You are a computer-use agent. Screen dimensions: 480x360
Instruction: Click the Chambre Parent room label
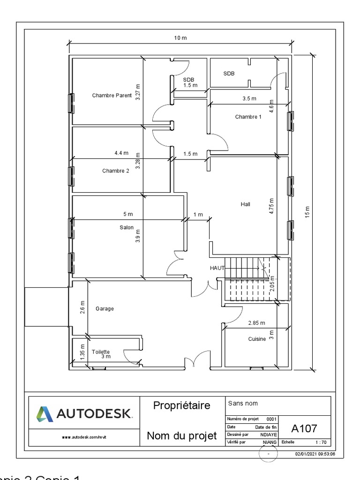112,96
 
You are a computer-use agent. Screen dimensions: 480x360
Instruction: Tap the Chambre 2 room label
115,171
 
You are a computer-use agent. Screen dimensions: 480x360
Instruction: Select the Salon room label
126,228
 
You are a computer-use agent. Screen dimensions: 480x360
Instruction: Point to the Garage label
105,309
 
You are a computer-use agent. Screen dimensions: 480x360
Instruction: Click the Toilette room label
101,352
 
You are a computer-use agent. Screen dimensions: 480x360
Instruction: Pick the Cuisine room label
257,339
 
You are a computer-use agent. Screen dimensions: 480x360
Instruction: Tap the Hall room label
245,204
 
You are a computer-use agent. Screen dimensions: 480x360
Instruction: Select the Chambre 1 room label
248,117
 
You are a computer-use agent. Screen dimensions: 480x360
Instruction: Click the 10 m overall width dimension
180,38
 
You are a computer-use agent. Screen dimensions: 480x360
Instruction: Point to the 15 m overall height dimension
307,212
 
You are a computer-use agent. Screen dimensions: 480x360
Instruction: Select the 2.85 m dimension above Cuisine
256,323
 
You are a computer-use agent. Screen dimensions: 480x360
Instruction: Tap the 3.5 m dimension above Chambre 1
249,98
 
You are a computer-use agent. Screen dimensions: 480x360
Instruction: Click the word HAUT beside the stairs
217,268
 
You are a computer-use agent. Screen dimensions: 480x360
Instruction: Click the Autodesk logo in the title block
83,414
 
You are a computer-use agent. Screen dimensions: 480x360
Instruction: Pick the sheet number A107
304,428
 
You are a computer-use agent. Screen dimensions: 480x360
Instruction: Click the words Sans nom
243,403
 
